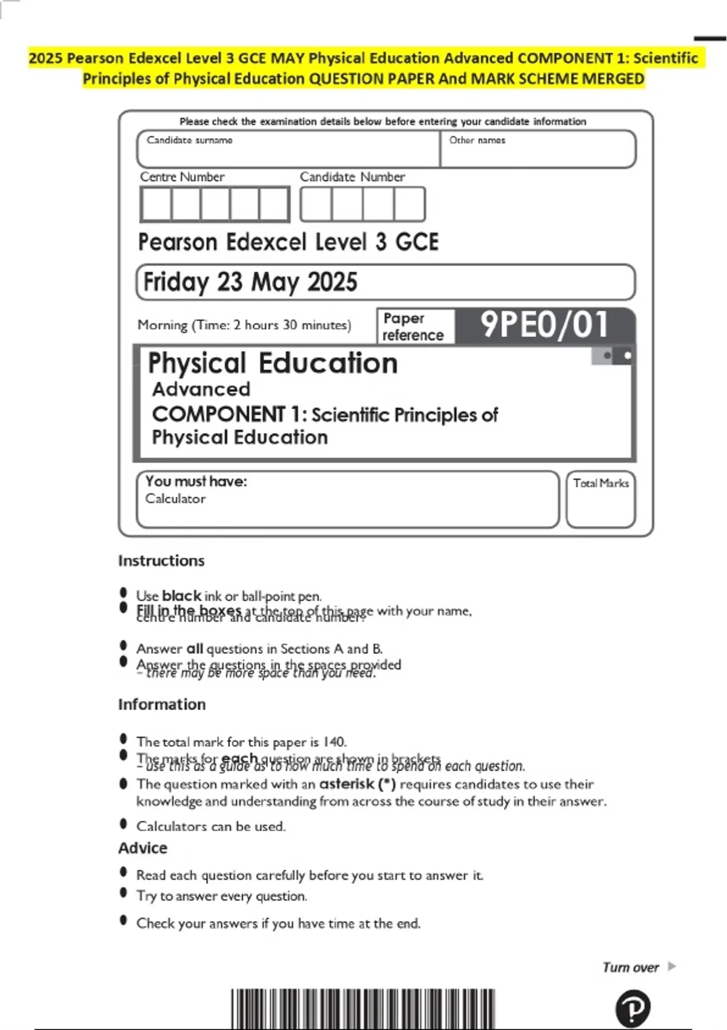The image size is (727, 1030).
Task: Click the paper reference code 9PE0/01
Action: [x=544, y=325]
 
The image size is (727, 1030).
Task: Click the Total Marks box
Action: [x=600, y=499]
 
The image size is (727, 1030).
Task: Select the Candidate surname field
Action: [x=288, y=149]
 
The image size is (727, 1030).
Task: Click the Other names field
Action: [x=538, y=149]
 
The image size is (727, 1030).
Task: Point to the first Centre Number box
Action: [x=156, y=204]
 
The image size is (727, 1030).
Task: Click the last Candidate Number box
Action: [x=409, y=204]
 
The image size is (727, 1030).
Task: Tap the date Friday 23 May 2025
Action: [x=250, y=282]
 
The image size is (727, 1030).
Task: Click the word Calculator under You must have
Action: [x=175, y=499]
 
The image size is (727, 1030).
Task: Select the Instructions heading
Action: [x=161, y=560]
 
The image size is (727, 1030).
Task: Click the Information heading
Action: [x=162, y=704]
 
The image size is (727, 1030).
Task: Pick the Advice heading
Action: [x=142, y=848]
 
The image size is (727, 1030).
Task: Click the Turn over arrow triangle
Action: [x=671, y=966]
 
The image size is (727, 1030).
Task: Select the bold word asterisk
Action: [x=347, y=784]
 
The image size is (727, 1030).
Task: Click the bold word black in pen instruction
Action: [x=181, y=596]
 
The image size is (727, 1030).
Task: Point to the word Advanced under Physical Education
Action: [x=201, y=389]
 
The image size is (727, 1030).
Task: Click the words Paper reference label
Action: [x=413, y=327]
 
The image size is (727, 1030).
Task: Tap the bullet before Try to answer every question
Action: [x=124, y=892]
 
